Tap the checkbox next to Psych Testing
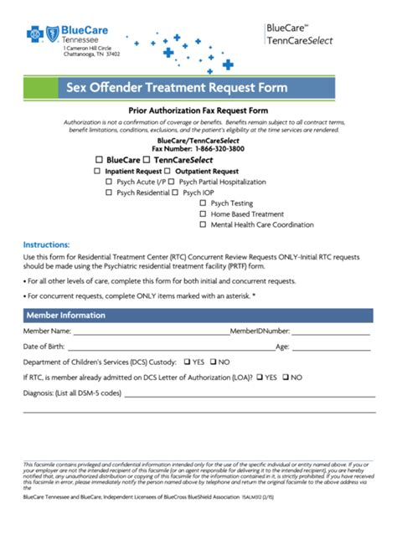click(x=203, y=203)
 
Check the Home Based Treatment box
click(x=203, y=213)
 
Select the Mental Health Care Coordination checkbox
click(x=203, y=224)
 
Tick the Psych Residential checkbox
click(x=108, y=192)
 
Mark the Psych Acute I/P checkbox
click(x=108, y=181)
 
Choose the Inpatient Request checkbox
click(x=97, y=170)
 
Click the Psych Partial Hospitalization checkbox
click(x=171, y=181)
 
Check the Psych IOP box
click(x=174, y=192)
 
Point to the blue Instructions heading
click(x=46, y=244)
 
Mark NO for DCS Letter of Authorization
click(x=286, y=378)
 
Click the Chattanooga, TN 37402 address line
click(x=92, y=54)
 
